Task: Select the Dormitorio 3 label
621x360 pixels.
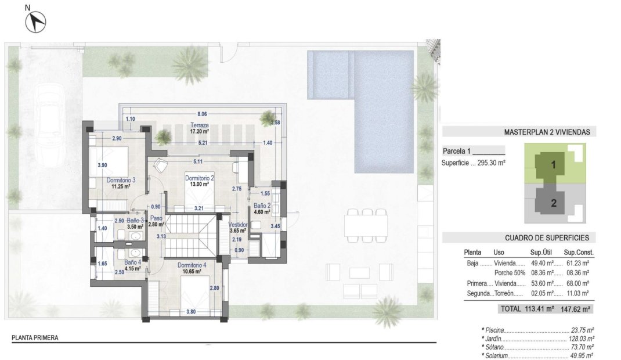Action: [x=121, y=180]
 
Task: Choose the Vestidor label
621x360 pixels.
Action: [x=239, y=224]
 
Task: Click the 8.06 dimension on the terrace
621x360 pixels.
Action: [x=202, y=114]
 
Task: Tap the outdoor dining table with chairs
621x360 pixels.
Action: [x=366, y=224]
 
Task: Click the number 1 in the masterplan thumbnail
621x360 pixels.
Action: [x=553, y=165]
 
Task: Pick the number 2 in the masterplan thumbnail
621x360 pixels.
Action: [x=553, y=203]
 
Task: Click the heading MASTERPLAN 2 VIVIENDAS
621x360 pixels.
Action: [x=547, y=132]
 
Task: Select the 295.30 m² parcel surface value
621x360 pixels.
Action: [x=490, y=163]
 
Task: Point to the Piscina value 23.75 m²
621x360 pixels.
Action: [x=582, y=329]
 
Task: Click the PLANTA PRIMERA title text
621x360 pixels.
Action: [x=35, y=337]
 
